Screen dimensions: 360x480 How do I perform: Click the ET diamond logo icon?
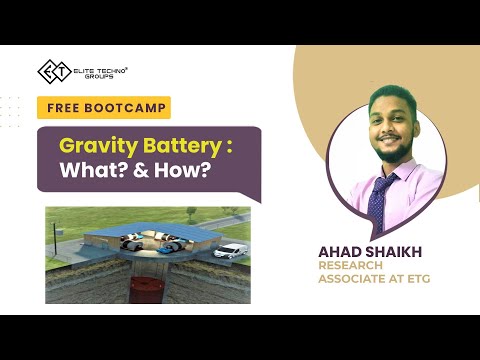pos(51,72)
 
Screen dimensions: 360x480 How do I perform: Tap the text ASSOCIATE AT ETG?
pos(376,280)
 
